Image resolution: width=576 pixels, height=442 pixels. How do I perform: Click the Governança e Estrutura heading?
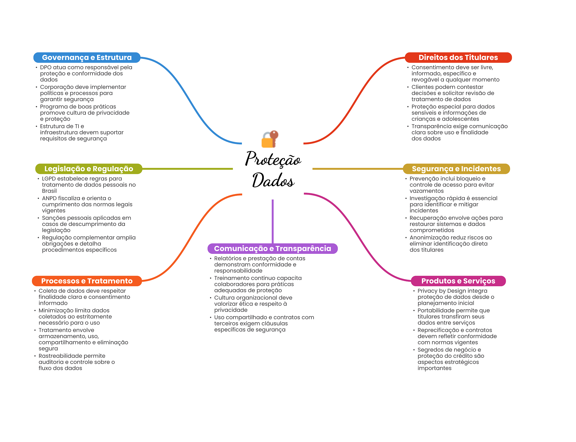point(87,57)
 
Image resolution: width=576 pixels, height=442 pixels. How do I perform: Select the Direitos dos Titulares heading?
point(458,57)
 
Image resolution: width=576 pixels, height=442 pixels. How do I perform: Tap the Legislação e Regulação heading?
point(89,169)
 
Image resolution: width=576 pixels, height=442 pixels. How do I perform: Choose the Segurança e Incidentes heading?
point(456,169)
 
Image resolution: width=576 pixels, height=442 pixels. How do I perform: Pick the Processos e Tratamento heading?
point(87,281)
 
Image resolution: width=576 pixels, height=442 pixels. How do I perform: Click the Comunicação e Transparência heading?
point(273,248)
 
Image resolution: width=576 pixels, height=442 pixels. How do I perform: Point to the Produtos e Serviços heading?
point(458,281)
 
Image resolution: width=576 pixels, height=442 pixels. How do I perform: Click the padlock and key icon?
point(270,139)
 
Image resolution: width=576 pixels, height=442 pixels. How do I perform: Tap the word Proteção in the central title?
point(273,159)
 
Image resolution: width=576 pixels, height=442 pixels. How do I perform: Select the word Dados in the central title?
point(273,180)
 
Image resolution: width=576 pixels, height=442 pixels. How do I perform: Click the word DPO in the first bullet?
point(46,67)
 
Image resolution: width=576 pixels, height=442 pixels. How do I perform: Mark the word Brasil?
point(49,191)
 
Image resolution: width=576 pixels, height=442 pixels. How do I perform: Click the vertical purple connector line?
point(273,221)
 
